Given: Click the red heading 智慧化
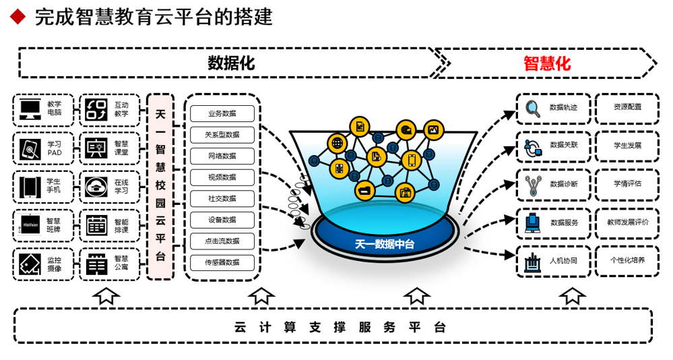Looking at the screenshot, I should pyautogui.click(x=547, y=63).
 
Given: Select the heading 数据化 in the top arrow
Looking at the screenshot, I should pyautogui.click(x=231, y=63).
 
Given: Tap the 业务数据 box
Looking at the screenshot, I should pyautogui.click(x=222, y=113).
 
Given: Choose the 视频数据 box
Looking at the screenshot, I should pyautogui.click(x=222, y=177).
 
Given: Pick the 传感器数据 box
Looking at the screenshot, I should pyautogui.click(x=222, y=262).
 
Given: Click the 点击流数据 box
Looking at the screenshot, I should pyautogui.click(x=222, y=241).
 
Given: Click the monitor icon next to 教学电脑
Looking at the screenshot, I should pyautogui.click(x=30, y=109).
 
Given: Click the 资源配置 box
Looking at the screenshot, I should pyautogui.click(x=627, y=107).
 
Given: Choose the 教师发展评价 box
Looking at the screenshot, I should pyautogui.click(x=627, y=222).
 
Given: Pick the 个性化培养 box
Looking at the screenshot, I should pyautogui.click(x=627, y=260).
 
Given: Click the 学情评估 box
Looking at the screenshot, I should pyautogui.click(x=627, y=183).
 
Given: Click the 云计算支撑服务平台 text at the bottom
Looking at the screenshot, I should pyautogui.click(x=340, y=328).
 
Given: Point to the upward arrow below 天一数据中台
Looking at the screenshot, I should pyautogui.click(x=417, y=295).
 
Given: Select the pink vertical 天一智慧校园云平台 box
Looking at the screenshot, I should pyautogui.click(x=160, y=186).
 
